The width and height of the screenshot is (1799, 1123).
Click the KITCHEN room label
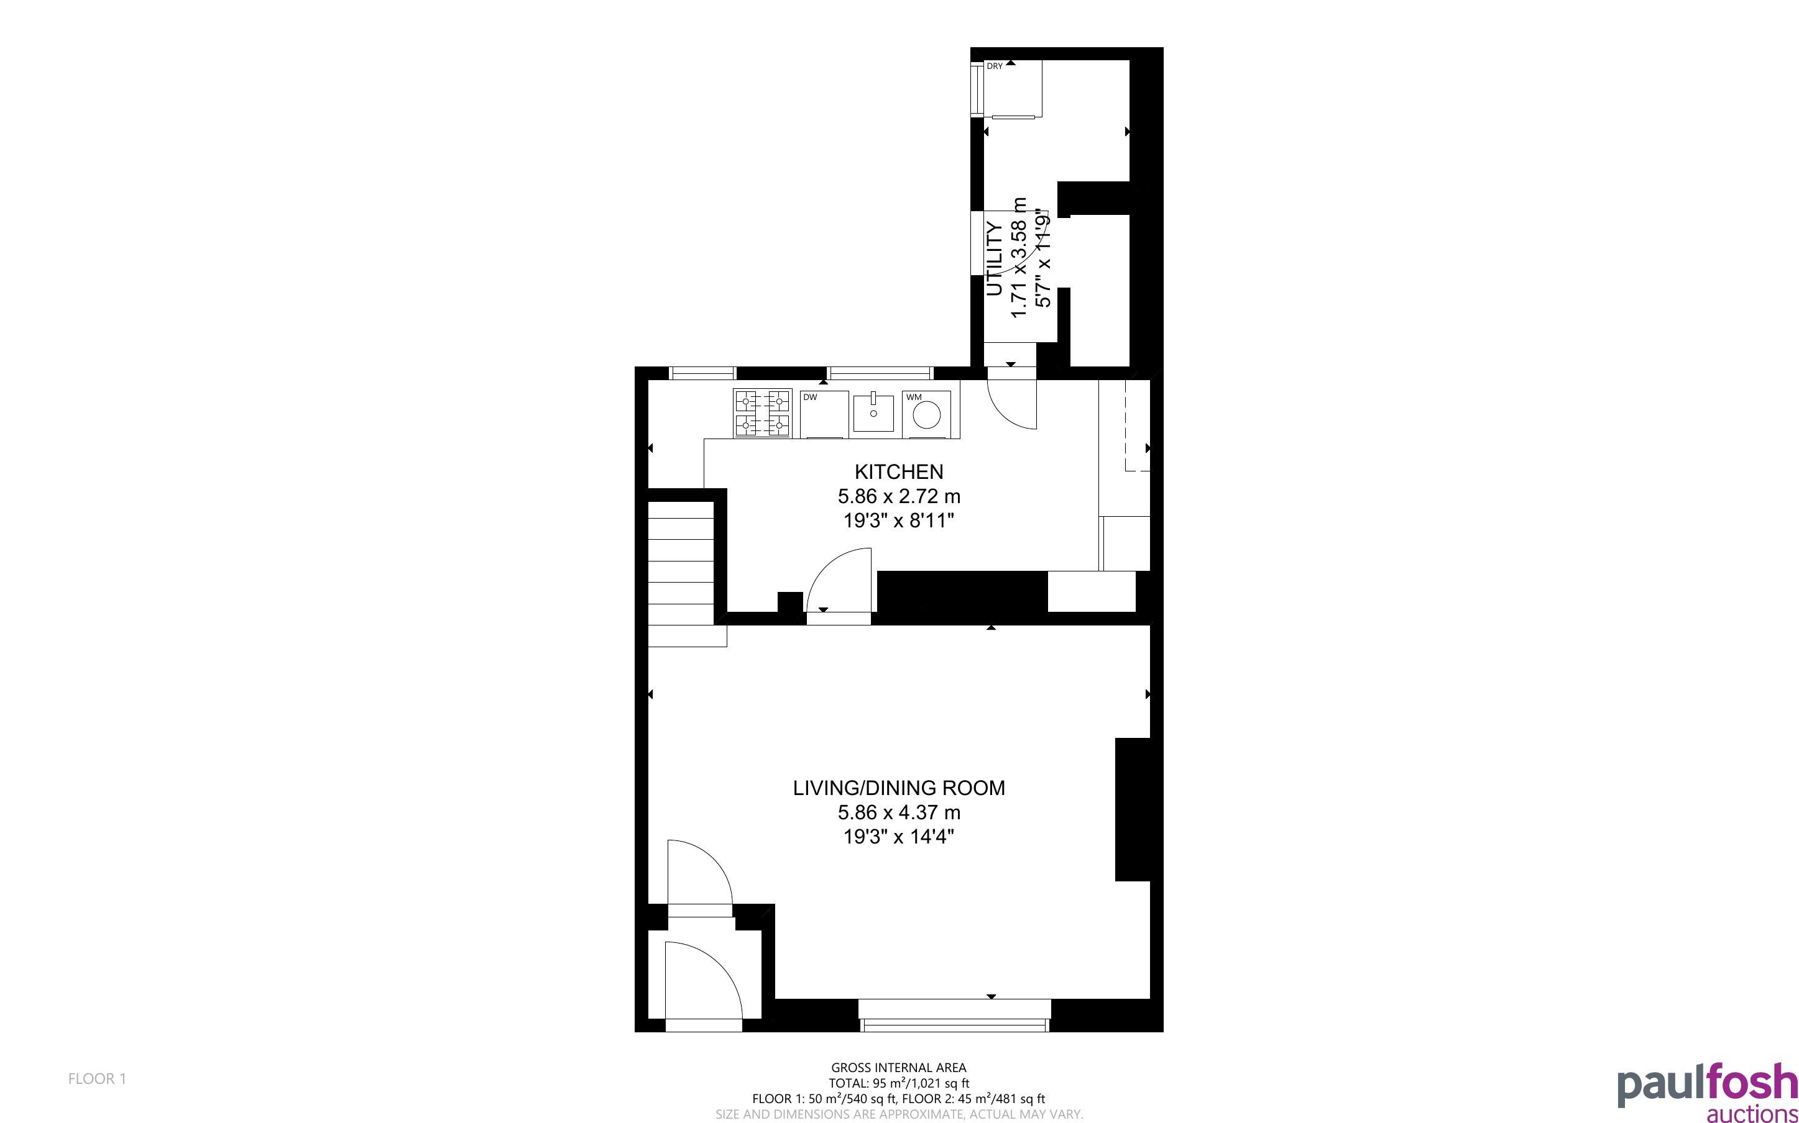click(898, 471)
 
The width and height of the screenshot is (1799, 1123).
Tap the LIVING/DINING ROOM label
click(898, 788)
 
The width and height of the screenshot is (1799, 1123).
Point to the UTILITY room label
click(994, 259)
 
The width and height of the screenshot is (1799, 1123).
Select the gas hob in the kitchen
click(762, 414)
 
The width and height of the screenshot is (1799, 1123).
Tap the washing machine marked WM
click(926, 414)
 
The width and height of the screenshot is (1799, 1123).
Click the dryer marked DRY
click(1013, 88)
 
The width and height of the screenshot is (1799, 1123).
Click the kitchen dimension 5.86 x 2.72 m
click(898, 496)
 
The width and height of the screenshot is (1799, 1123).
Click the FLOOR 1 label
click(98, 1078)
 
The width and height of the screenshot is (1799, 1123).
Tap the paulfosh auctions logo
click(1708, 1093)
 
